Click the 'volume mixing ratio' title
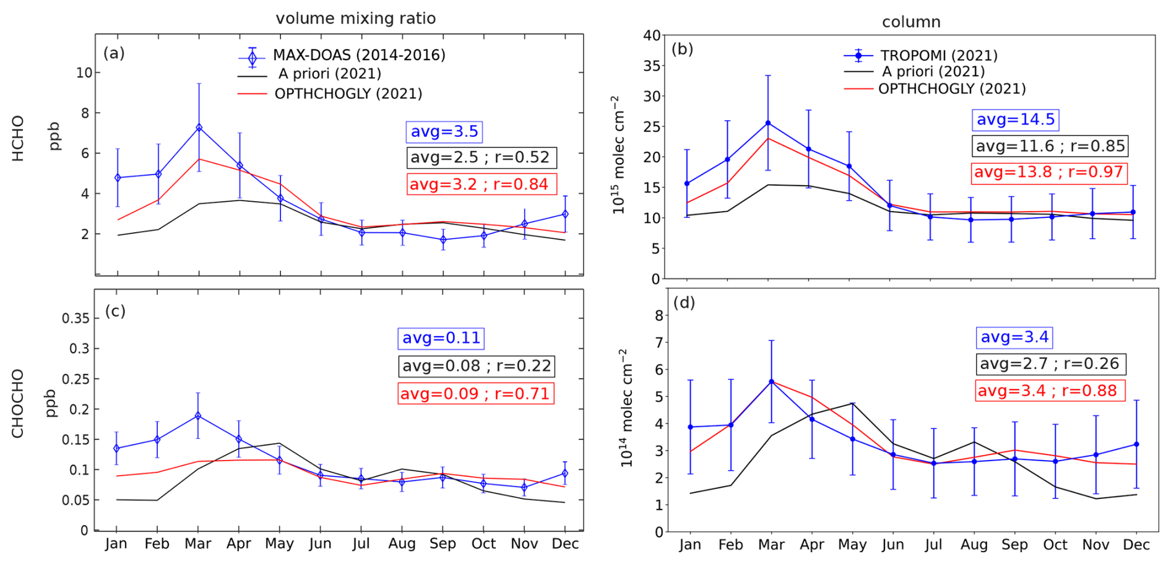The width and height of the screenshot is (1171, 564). coord(356,19)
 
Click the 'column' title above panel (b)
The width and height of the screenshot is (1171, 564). coord(911,22)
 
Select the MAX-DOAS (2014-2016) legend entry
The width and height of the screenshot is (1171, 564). coord(359,55)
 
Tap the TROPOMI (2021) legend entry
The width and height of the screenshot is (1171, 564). coord(939,56)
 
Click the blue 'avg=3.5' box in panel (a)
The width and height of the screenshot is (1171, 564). coord(444,132)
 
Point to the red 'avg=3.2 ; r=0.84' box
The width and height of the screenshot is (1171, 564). coord(481,184)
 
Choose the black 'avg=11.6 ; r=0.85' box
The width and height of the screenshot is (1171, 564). coord(1050,146)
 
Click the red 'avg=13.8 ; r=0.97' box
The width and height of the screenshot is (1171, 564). coord(1048,172)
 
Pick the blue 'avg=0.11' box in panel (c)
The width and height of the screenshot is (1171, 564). coord(441,338)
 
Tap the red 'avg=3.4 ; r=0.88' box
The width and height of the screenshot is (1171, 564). coord(1050,391)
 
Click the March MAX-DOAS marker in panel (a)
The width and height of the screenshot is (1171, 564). coord(199,128)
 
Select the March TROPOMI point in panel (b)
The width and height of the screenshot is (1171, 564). coord(768,123)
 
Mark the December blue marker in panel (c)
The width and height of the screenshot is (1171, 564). coord(564,474)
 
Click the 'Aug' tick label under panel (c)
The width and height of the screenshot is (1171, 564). coord(402,544)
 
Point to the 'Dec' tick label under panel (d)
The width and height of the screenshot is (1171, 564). coord(1136,545)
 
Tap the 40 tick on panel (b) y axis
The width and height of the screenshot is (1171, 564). coord(652,35)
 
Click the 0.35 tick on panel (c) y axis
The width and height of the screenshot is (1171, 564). coord(76,318)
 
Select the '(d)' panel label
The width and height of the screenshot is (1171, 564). coord(684,303)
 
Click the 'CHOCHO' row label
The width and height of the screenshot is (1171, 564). coord(17,404)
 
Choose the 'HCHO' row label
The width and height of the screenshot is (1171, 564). coord(18,138)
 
